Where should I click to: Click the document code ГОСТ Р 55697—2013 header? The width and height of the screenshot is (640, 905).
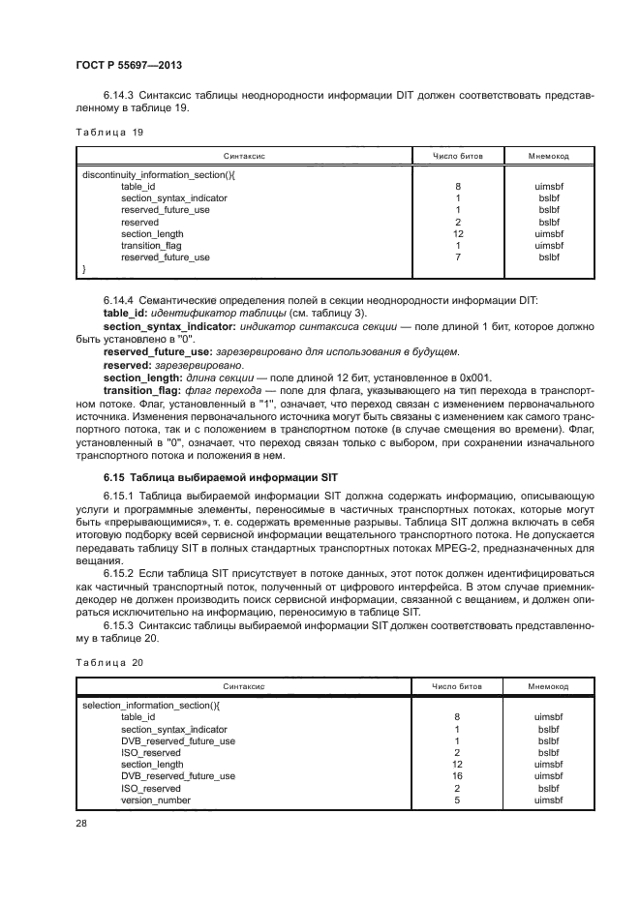(x=129, y=66)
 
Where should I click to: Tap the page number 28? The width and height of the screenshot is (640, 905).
(x=81, y=823)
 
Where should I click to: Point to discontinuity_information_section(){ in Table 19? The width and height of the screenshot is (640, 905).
(x=160, y=175)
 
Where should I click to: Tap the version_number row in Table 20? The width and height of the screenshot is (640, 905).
(x=156, y=800)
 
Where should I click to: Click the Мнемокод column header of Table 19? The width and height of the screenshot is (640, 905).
(x=548, y=155)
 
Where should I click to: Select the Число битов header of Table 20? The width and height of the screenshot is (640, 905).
(x=456, y=685)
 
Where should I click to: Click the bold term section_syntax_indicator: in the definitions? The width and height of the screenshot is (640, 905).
(x=164, y=328)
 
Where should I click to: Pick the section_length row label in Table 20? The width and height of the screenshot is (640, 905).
(x=152, y=765)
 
